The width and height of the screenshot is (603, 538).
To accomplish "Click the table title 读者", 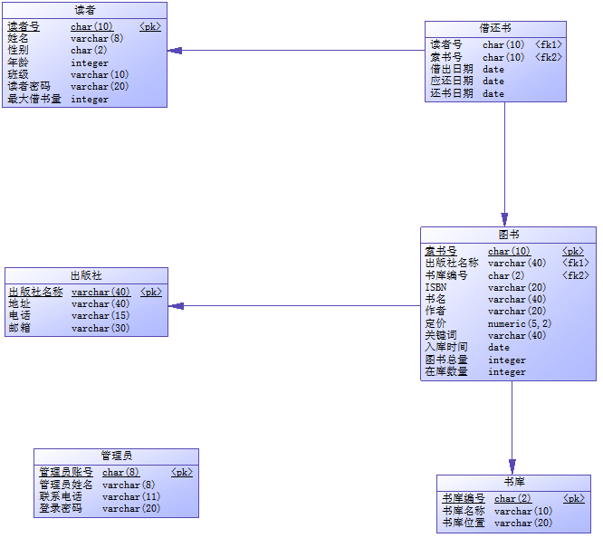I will tap(84, 10).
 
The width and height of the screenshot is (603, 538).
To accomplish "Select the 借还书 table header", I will tap(495, 28).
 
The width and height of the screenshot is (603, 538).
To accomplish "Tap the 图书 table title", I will tap(508, 234).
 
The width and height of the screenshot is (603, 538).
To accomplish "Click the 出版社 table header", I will tap(86, 274).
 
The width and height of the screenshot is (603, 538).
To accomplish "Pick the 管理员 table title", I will tap(116, 455).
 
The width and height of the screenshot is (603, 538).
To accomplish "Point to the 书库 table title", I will tap(513, 481).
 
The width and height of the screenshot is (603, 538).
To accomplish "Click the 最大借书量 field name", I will tap(34, 100).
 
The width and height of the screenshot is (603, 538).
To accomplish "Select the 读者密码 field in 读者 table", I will tap(29, 87).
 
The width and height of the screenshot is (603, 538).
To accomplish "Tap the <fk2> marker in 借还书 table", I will tap(548, 57).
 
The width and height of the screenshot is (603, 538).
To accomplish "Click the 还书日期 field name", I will tap(451, 93).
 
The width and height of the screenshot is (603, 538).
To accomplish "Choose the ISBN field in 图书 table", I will tap(435, 287).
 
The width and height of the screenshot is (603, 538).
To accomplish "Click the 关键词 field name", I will tap(441, 335).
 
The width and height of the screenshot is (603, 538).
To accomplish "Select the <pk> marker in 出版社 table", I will tap(150, 293).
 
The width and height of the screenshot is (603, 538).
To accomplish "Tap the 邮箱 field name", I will tap(19, 328).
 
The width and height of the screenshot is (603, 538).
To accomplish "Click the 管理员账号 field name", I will tap(65, 472).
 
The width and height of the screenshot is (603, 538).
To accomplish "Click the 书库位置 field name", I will tap(464, 523).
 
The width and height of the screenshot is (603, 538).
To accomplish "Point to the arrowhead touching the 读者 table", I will tap(175, 50).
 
